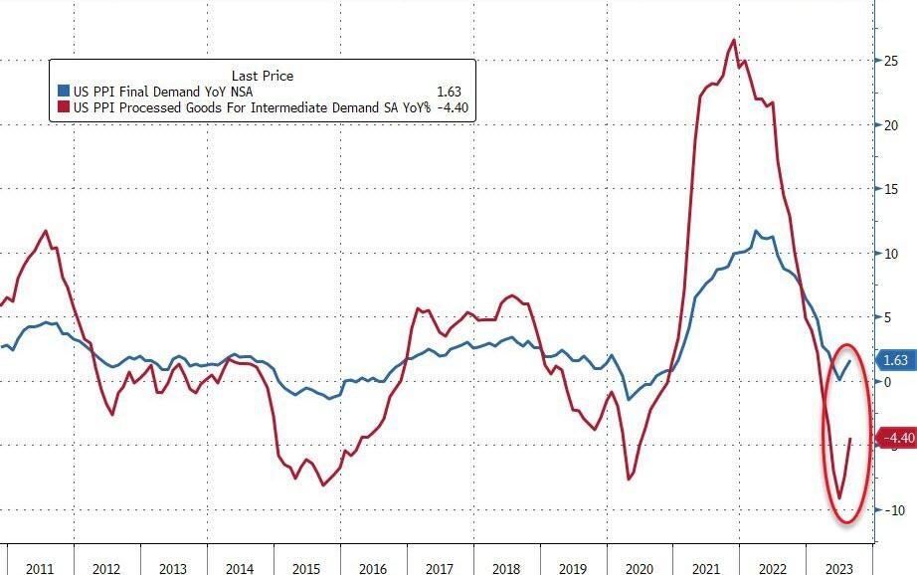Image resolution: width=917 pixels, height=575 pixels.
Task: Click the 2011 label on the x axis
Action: (x=40, y=568)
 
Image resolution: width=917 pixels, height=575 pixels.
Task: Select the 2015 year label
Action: (x=305, y=568)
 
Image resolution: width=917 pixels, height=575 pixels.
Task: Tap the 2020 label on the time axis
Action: (x=639, y=568)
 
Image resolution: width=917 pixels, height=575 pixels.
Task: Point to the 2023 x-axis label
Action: (x=838, y=568)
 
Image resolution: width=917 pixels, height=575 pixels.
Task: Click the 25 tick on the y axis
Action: (x=892, y=61)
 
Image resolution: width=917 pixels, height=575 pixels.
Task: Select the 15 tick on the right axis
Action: (x=892, y=189)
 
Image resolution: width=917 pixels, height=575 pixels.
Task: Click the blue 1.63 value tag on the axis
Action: (x=895, y=361)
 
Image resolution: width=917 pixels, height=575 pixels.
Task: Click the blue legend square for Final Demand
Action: (x=62, y=92)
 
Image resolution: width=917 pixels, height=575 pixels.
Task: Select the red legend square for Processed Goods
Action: (x=62, y=107)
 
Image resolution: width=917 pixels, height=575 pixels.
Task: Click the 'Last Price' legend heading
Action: (x=263, y=76)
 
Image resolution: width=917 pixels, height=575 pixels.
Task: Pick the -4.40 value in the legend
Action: (x=455, y=107)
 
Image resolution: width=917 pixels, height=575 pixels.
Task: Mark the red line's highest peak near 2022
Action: (x=734, y=40)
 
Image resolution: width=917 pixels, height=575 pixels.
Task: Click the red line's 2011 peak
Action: (x=46, y=231)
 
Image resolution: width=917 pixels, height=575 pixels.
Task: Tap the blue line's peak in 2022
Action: (x=756, y=232)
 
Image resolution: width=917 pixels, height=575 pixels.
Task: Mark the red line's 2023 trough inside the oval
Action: (x=839, y=498)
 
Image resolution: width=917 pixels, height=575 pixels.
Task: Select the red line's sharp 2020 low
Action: (x=629, y=479)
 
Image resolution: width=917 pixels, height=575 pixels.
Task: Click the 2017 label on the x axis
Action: (x=439, y=568)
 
